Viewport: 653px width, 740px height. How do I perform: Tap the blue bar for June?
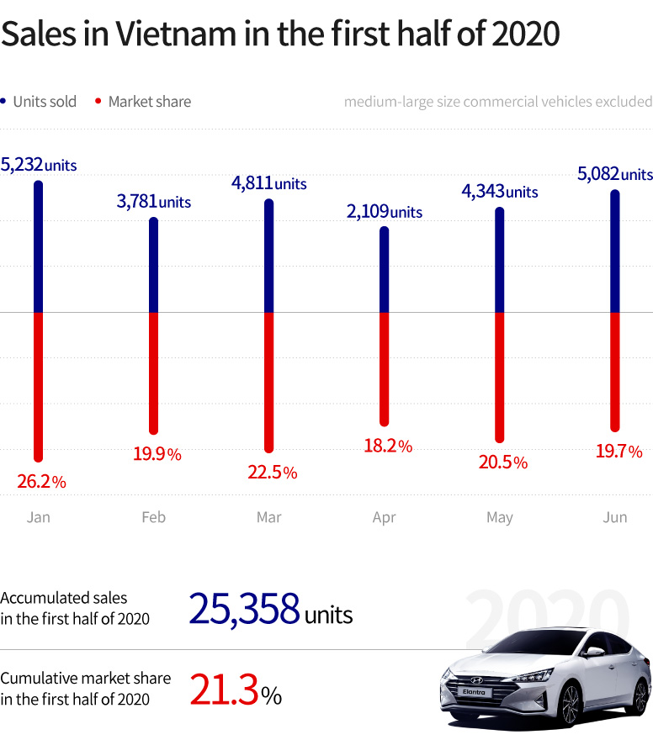click(x=614, y=251)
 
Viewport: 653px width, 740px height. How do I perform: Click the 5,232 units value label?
click(x=39, y=165)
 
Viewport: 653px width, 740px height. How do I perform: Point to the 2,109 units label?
click(x=384, y=212)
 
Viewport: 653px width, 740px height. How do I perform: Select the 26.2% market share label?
click(x=41, y=482)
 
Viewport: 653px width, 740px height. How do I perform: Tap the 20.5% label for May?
click(x=503, y=462)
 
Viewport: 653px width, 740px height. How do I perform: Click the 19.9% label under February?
click(x=157, y=454)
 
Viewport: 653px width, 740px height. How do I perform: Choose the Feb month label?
click(x=154, y=517)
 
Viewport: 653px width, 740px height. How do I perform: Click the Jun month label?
click(x=615, y=517)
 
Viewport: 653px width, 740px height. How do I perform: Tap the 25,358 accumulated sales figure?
click(x=245, y=610)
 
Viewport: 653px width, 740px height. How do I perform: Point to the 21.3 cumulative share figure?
click(x=224, y=690)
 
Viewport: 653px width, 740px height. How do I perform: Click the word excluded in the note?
click(x=624, y=102)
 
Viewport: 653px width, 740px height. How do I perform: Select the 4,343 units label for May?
click(x=499, y=192)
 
